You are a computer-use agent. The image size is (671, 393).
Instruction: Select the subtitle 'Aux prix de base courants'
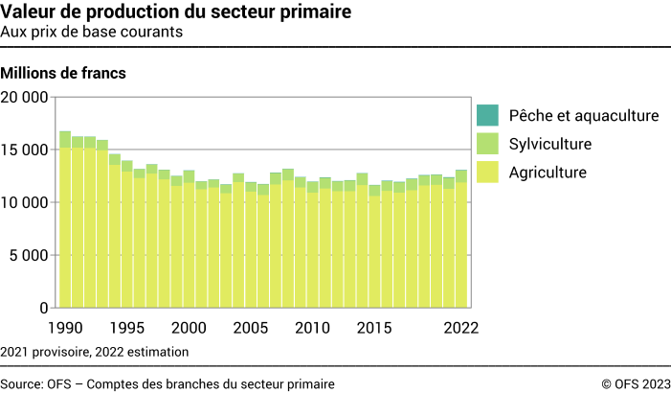93,32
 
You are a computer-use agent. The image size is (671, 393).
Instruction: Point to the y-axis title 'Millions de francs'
64,73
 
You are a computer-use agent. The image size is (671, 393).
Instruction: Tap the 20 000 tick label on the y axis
25,97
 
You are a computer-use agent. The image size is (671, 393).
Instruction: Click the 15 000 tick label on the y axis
25,150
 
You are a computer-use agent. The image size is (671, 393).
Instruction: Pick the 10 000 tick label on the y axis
25,202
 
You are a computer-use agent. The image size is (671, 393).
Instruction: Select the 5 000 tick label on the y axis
29,255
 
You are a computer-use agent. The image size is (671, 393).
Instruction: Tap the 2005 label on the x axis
251,327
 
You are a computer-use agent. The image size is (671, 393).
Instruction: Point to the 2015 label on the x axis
374,327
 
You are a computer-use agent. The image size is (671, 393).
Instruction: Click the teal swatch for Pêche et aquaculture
487,115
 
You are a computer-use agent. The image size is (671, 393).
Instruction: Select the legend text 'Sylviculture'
550,145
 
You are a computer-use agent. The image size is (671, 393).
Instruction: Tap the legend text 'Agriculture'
548,173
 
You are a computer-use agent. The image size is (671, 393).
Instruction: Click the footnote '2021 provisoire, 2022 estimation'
95,352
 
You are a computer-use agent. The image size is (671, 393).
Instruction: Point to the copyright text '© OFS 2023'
636,383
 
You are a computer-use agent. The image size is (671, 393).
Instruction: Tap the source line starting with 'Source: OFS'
168,383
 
